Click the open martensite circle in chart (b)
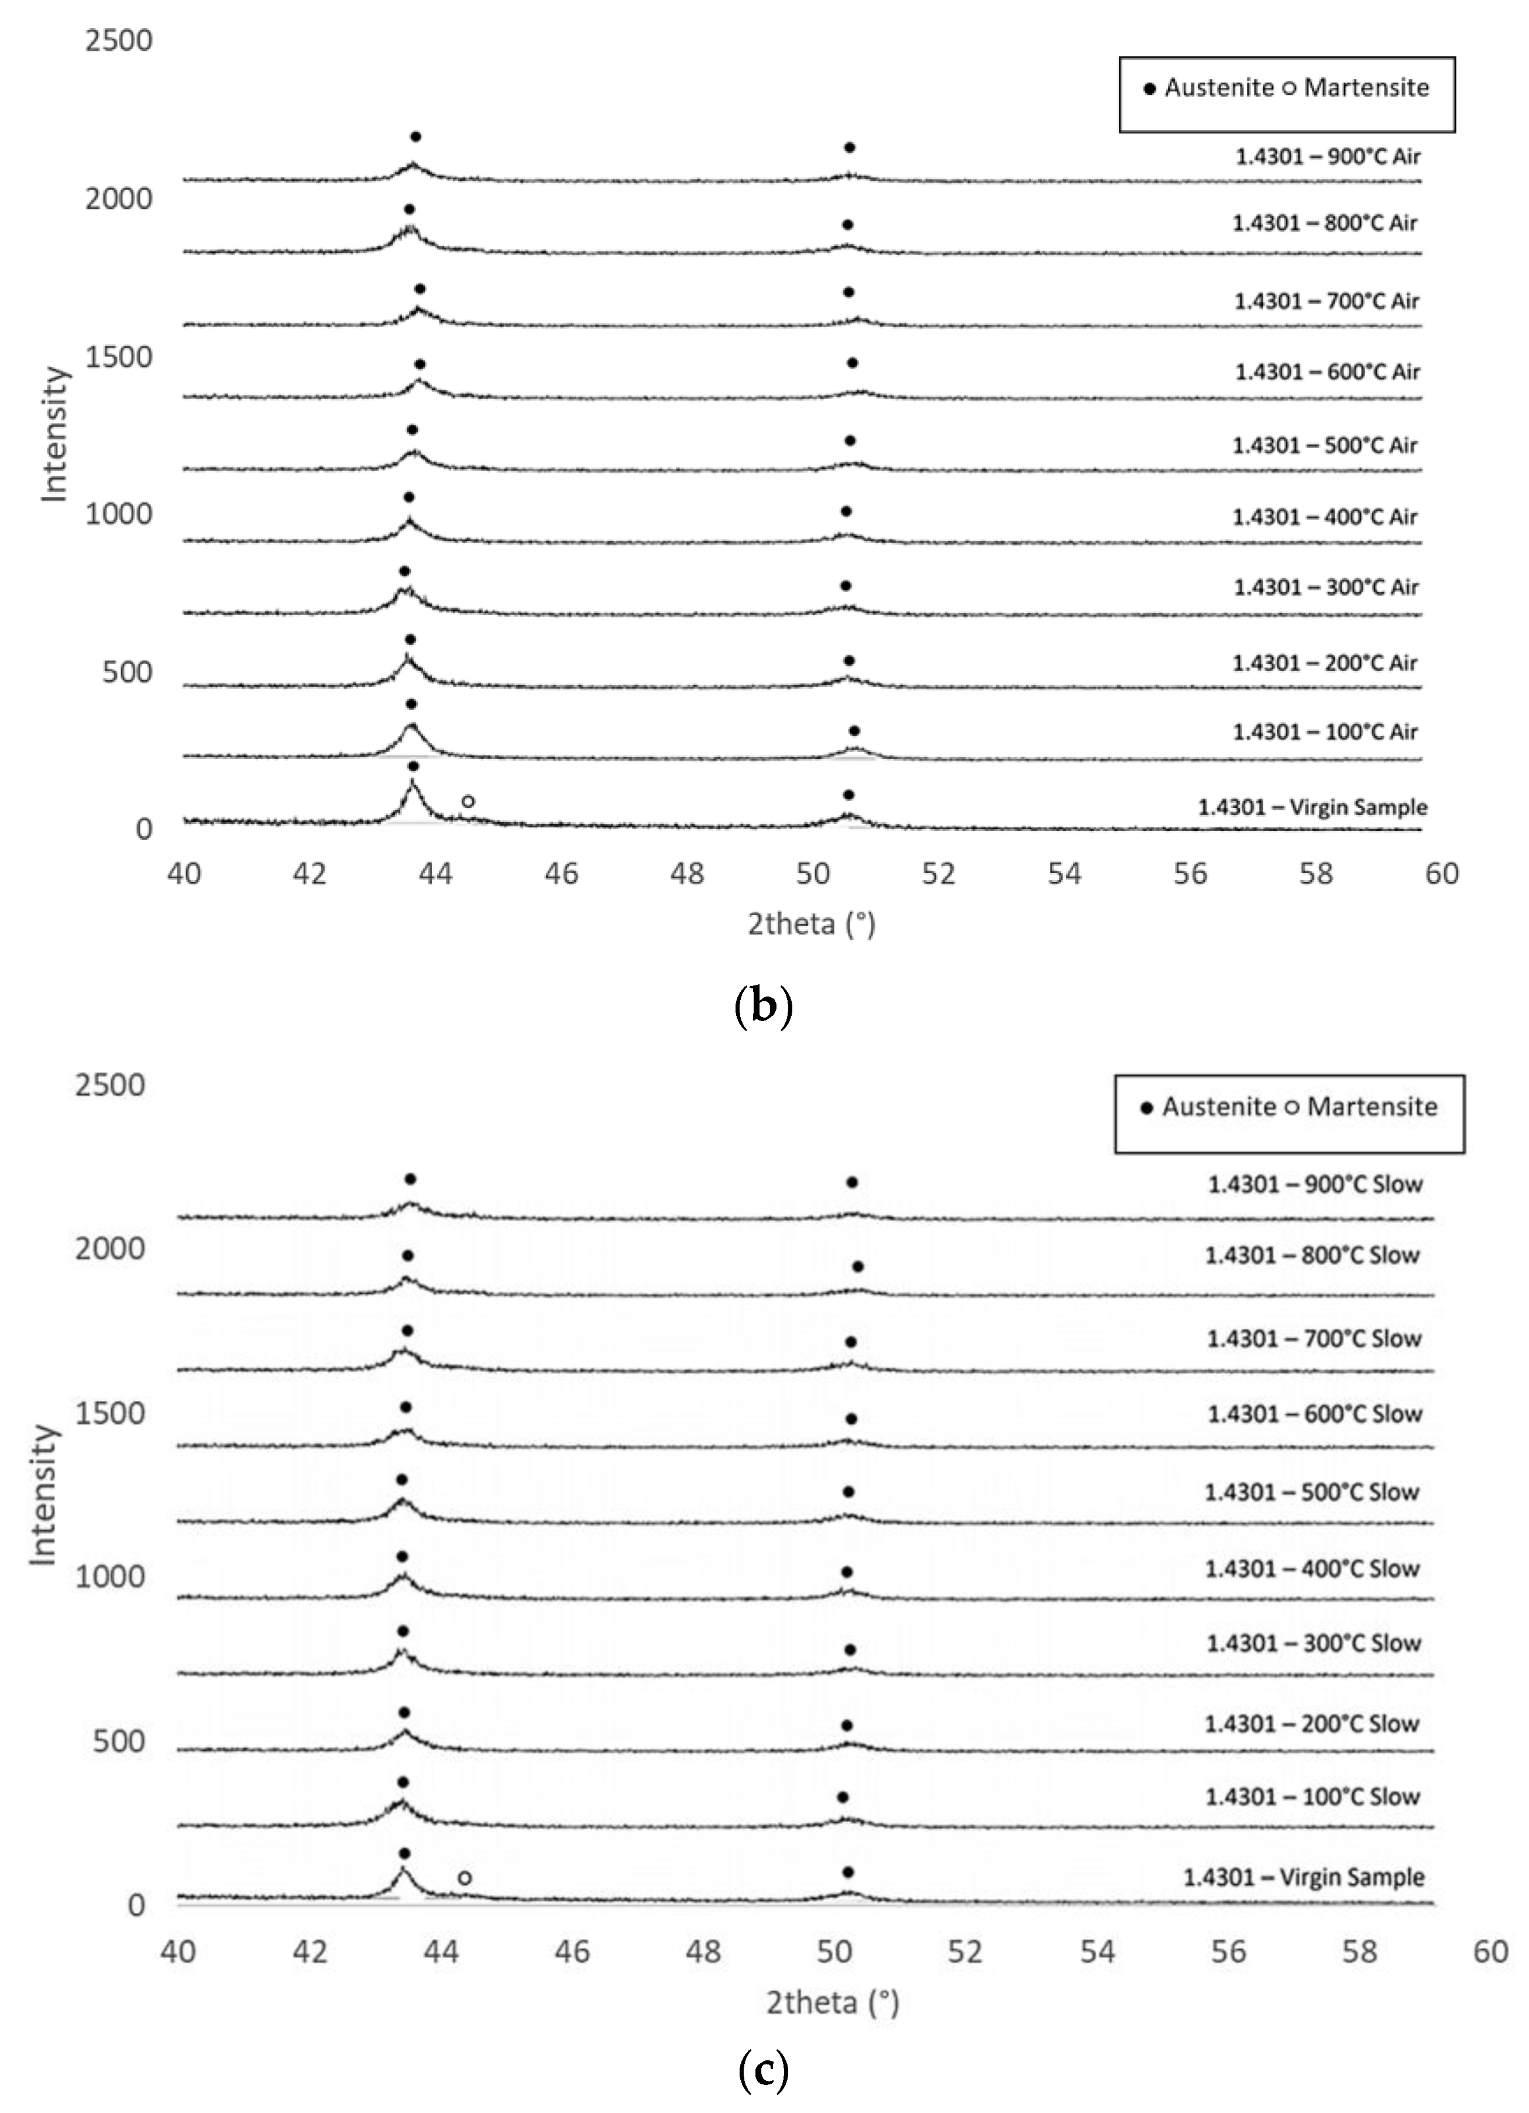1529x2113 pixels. pos(469,801)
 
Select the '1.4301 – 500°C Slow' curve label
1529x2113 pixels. pos(1312,1492)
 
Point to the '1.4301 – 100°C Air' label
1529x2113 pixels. pos(1325,731)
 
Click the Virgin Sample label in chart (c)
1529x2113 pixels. pos(1304,1877)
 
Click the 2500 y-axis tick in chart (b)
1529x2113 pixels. pos(118,41)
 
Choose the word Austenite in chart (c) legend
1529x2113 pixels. pos(1219,1107)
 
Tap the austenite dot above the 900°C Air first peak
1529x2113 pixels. pos(415,137)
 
